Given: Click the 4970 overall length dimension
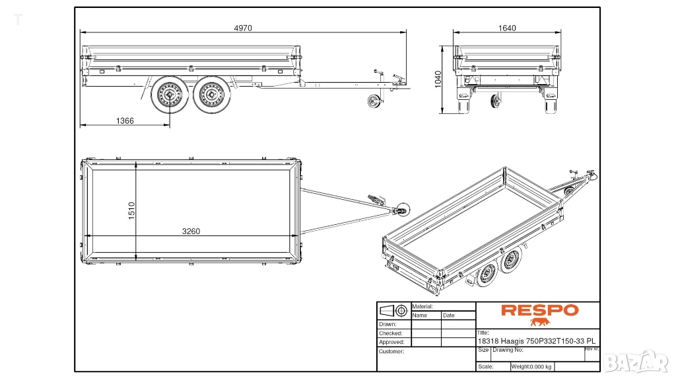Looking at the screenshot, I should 243,28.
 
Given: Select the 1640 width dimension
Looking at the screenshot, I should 507,28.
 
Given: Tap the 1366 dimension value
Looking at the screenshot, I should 125,121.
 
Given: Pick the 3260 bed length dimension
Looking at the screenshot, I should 191,232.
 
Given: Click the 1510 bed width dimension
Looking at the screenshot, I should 131,211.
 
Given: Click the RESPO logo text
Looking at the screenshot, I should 539,310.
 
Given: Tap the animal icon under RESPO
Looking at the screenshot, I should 540,323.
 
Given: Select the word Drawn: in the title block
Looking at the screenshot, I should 388,324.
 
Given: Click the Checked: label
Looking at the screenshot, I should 390,333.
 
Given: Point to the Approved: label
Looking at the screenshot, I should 391,342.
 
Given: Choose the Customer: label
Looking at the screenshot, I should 391,351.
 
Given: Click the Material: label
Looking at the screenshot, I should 422,307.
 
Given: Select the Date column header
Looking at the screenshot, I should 449,316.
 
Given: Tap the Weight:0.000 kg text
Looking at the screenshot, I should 531,366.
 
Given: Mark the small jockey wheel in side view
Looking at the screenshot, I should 374,103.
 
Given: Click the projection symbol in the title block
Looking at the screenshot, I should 393,310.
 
